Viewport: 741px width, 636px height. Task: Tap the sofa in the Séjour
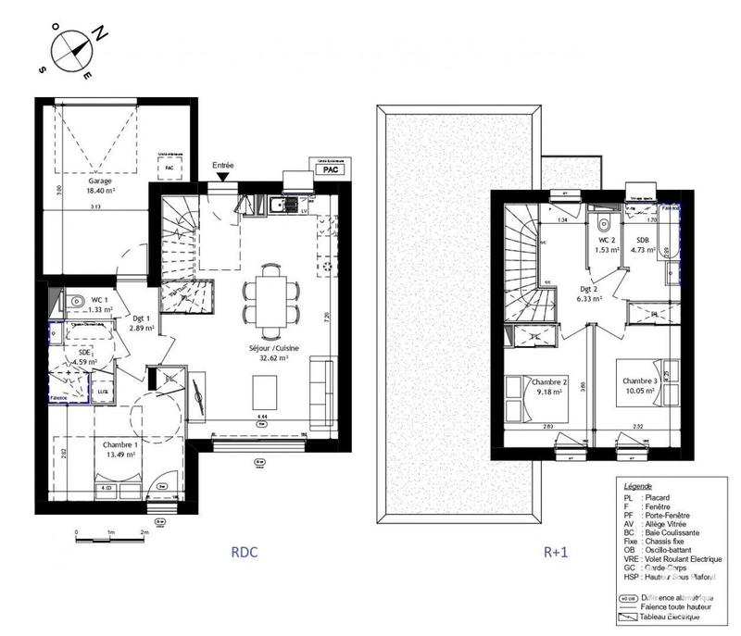click(323, 388)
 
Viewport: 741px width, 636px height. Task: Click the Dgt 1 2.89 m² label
click(140, 323)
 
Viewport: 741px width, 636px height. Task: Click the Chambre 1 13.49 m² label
click(120, 449)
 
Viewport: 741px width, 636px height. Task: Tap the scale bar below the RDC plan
click(110, 534)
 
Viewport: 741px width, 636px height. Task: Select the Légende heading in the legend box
click(638, 486)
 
